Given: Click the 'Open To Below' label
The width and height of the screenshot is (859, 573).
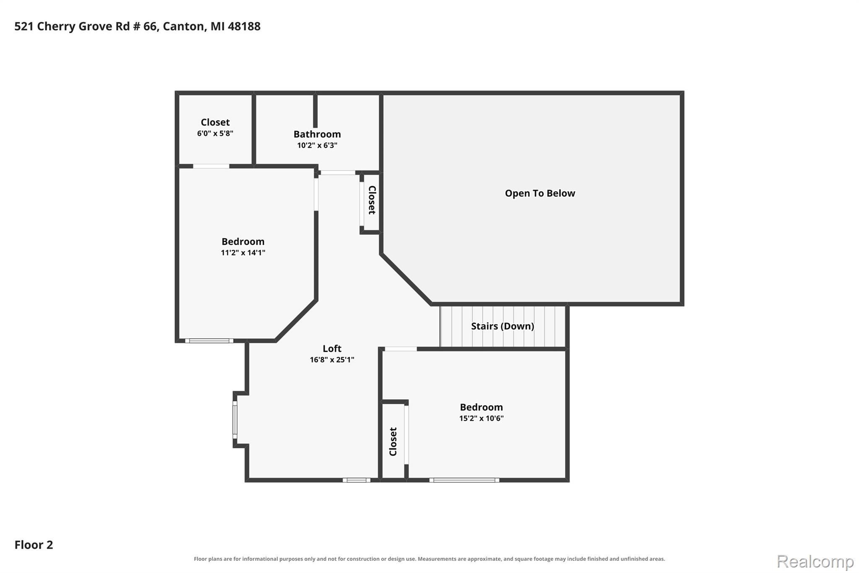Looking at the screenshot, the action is point(540,193).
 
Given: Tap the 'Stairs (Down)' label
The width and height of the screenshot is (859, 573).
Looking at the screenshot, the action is point(502,326).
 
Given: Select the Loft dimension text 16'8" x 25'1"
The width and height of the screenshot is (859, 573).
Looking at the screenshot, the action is point(332,359).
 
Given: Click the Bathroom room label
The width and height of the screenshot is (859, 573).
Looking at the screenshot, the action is point(317,134).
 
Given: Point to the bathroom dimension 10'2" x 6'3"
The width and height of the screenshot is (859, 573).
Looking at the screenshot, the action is point(317,145).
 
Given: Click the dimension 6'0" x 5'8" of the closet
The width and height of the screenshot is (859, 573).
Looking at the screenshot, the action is point(215,133).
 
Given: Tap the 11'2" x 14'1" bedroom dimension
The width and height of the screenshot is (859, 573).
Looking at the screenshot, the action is point(243,252).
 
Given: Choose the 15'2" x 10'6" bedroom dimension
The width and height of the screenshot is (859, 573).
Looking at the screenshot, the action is point(481,418).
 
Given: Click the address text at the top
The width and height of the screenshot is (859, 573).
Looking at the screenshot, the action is point(138,26).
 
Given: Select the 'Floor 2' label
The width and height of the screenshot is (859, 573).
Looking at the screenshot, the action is point(34,544).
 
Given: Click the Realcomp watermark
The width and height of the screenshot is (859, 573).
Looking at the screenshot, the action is point(815,561).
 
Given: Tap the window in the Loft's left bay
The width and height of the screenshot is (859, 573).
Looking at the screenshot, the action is point(235,420).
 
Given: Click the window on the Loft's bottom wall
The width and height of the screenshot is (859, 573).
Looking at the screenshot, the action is point(357,480).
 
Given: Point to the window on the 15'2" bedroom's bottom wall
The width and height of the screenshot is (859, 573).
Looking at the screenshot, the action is point(464,480).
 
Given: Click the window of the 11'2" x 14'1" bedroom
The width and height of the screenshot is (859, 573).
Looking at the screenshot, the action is point(209,341).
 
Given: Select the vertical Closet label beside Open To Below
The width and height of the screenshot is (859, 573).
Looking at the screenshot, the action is point(372,200).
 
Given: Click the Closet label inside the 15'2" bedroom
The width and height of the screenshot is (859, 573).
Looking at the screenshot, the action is point(393,442).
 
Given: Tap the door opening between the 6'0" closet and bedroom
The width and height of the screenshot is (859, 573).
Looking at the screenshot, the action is point(211,166).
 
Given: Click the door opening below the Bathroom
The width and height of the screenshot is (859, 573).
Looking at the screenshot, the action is point(338,173).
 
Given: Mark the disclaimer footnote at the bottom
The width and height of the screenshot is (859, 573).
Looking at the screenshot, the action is point(429,559).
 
